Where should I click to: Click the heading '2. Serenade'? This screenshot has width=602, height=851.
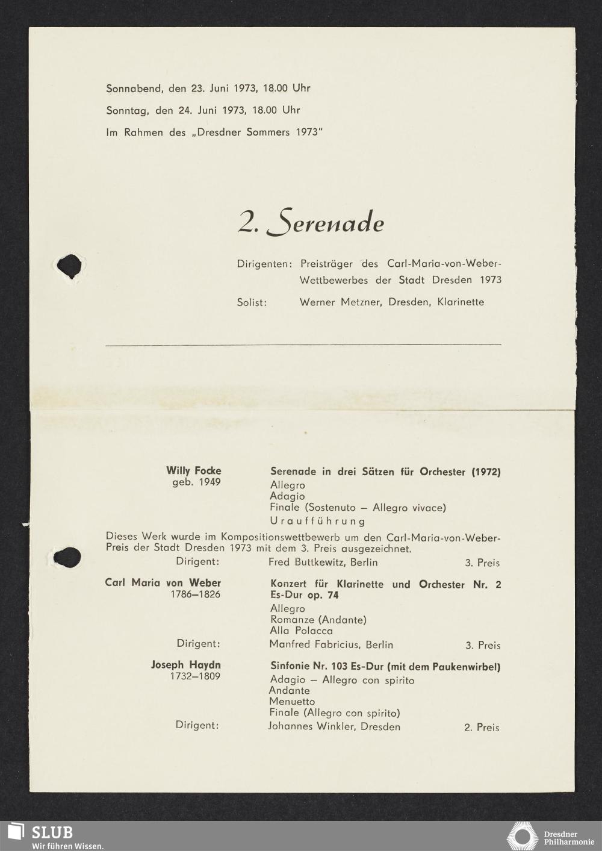point(311,222)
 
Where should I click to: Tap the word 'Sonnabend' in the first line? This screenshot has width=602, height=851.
point(134,88)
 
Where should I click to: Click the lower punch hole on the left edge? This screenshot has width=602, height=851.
point(67,557)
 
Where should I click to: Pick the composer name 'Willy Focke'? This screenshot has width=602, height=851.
point(194,471)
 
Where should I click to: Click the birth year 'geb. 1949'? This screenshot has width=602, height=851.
point(196,482)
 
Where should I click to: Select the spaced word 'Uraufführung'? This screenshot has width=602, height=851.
point(317,521)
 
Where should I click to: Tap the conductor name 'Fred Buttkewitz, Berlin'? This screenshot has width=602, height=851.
point(323,563)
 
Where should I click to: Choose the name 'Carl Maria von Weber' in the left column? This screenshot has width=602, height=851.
point(163,583)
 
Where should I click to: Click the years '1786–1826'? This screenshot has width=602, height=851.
point(195,594)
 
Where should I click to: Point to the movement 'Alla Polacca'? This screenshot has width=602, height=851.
point(301,631)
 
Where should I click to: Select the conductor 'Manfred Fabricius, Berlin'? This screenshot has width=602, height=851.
point(331,645)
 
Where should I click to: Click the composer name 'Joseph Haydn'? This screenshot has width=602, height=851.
point(185,665)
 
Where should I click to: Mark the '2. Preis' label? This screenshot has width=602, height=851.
point(482,728)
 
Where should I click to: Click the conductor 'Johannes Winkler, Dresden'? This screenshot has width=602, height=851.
point(334,726)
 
